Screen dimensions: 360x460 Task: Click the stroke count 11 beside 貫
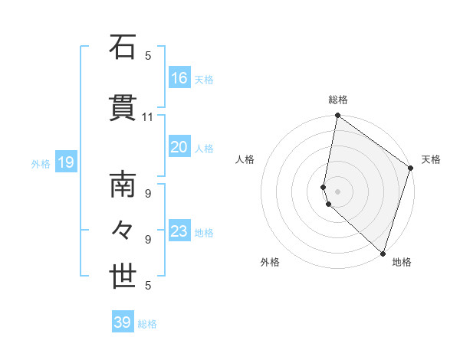point(148,117)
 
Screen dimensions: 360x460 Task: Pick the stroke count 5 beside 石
point(148,55)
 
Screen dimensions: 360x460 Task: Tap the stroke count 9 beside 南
point(148,194)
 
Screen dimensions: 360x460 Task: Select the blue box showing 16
point(179,78)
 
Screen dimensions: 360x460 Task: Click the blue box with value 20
point(179,147)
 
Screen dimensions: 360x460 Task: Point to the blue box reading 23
point(179,231)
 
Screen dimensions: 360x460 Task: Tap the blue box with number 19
point(65,162)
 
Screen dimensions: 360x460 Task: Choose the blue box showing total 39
point(123,322)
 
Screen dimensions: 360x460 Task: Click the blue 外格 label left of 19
point(41,163)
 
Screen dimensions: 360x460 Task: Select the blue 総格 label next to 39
point(148,323)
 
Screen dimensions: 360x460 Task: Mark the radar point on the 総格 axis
point(337,116)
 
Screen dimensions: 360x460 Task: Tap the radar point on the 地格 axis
point(382,253)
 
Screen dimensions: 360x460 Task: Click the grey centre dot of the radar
point(337,191)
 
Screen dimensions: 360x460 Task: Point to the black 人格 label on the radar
point(245,159)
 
